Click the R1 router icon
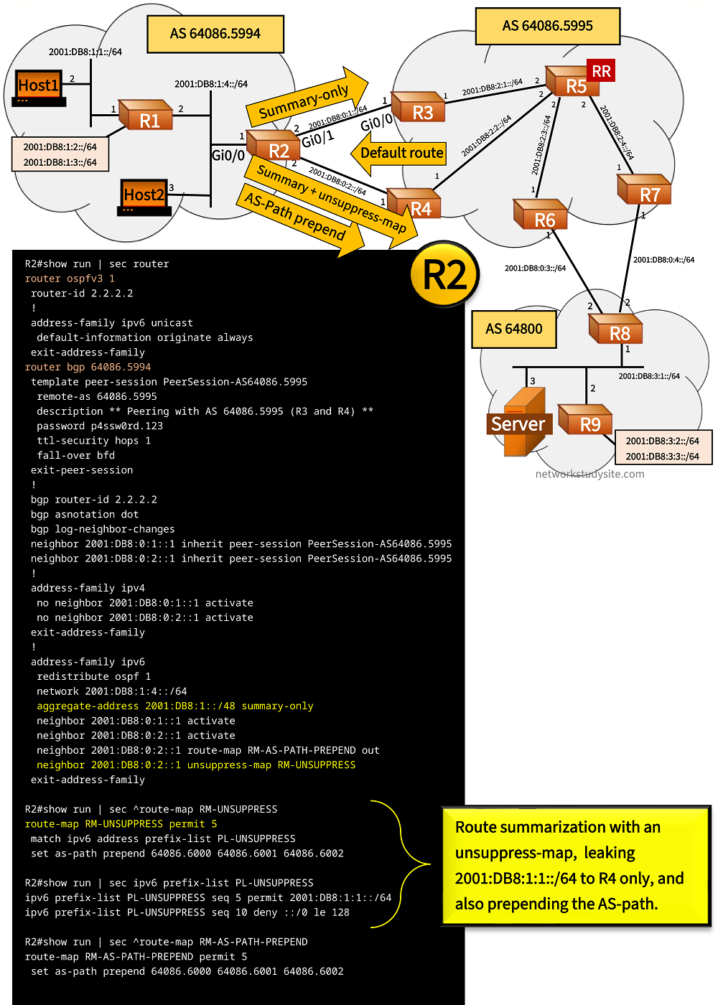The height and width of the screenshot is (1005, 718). (x=146, y=116)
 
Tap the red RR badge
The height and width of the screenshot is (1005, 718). (x=601, y=71)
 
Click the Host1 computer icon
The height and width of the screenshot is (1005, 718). (x=39, y=88)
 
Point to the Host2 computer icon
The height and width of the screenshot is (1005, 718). (x=144, y=197)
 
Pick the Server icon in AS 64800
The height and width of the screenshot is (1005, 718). (x=522, y=423)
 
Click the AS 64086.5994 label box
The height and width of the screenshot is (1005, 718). (x=215, y=34)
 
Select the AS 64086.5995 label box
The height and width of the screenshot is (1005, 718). (x=547, y=27)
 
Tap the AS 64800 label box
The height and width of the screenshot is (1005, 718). (x=514, y=329)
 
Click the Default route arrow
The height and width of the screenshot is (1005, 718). (x=398, y=154)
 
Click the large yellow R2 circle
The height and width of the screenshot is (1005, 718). (x=444, y=275)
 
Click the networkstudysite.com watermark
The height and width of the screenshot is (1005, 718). (x=589, y=474)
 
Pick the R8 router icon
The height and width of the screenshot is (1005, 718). (x=615, y=329)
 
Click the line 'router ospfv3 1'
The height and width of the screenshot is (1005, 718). (x=70, y=279)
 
